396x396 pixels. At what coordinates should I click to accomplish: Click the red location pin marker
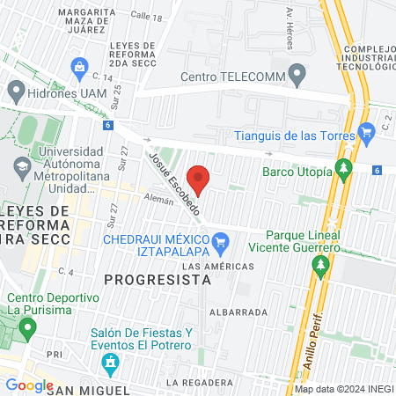point(200,179)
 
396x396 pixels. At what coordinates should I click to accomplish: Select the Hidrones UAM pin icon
point(15,91)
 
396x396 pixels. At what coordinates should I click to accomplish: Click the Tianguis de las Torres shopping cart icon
point(367,133)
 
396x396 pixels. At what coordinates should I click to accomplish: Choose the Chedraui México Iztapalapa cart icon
point(221,239)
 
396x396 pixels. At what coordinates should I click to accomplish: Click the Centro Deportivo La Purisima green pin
point(27,328)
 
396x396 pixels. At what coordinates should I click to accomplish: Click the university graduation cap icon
point(20,165)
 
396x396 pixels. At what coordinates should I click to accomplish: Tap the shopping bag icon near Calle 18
point(80,66)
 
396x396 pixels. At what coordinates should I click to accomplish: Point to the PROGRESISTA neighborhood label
point(158,279)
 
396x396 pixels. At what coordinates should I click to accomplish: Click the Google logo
point(29,385)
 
